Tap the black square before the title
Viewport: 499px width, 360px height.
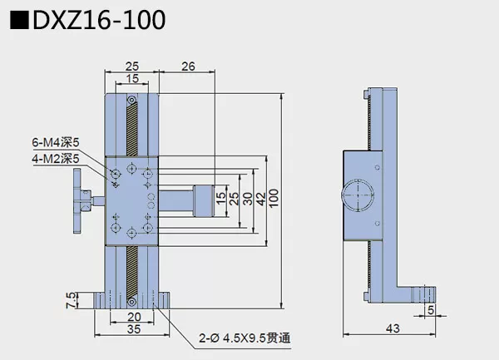point(18,19)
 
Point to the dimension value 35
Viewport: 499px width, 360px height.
point(132,329)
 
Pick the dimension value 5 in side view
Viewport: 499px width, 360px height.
point(430,310)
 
